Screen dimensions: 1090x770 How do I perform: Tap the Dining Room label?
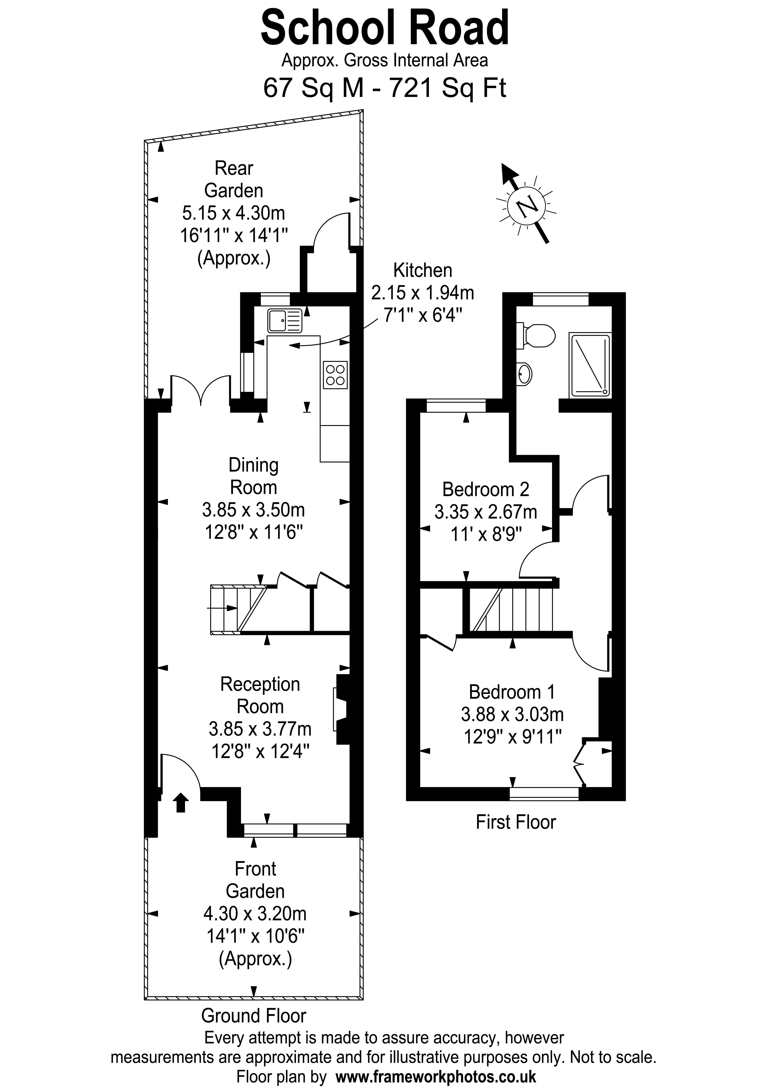pos(253,476)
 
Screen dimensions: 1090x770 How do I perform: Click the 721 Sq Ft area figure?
pos(447,88)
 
